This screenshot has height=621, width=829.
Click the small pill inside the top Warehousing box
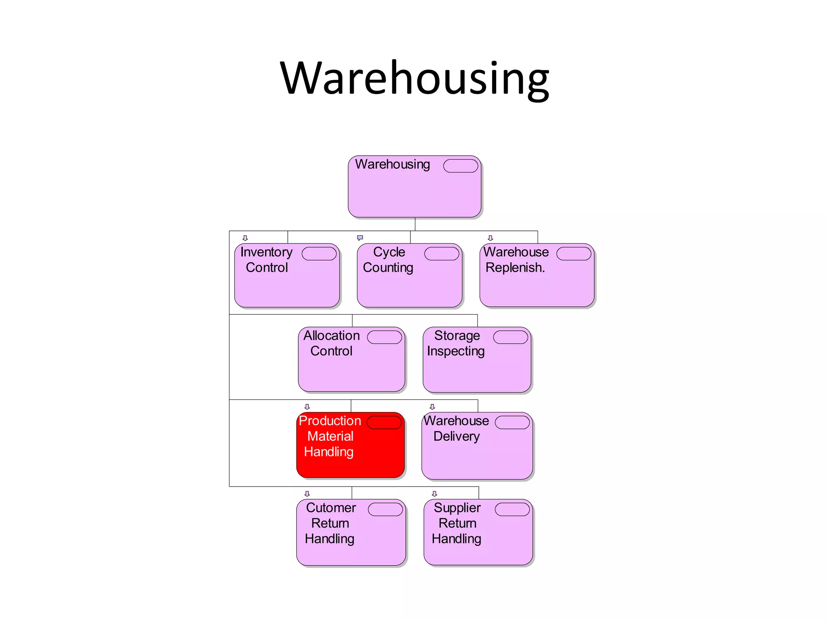pos(461,166)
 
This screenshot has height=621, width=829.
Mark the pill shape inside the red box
pos(384,422)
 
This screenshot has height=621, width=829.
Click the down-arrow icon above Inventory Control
pos(245,238)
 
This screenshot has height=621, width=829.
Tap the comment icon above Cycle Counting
pos(360,238)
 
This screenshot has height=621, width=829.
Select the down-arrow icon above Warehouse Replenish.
pos(491,238)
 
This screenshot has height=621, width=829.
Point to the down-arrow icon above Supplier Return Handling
pos(435,494)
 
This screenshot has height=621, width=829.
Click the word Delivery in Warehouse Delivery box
pos(457,436)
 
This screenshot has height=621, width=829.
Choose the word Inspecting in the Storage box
pos(456,351)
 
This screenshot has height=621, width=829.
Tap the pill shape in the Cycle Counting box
pos(442,253)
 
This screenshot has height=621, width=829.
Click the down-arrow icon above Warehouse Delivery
pos(432,407)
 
